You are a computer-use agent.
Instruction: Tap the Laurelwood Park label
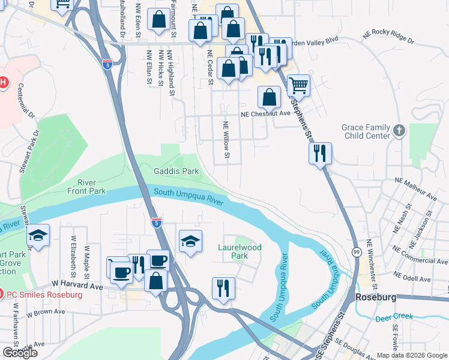click(x=240, y=251)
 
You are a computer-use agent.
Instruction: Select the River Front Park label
click(x=91, y=187)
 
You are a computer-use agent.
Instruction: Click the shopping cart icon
click(x=298, y=85)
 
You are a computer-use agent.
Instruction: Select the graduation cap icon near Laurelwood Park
click(x=191, y=241)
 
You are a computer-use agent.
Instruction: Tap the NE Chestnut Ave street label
click(x=265, y=113)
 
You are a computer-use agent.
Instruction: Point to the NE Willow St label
click(x=226, y=140)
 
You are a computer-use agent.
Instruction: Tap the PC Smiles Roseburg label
click(x=44, y=295)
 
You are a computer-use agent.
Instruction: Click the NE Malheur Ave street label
click(x=415, y=188)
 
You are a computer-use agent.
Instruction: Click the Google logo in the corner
click(x=20, y=353)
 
